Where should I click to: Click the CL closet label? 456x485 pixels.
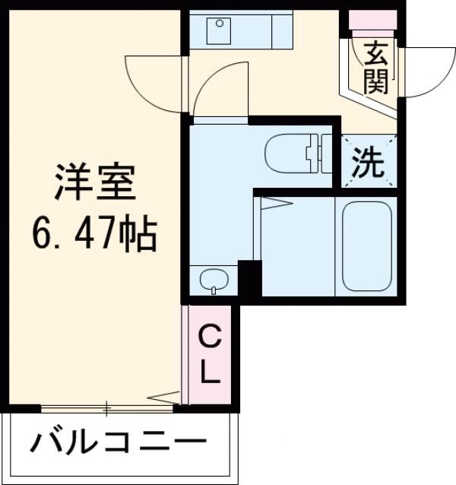(210, 354)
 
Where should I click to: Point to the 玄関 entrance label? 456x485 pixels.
(374, 69)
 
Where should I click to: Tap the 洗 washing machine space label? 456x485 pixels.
(368, 161)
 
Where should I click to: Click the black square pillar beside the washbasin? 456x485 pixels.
(249, 277)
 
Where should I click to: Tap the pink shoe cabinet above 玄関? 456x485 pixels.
(372, 20)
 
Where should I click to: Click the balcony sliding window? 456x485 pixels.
(106, 409)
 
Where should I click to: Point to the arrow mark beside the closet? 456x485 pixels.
(166, 396)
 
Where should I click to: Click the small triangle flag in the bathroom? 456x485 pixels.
(275, 202)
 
